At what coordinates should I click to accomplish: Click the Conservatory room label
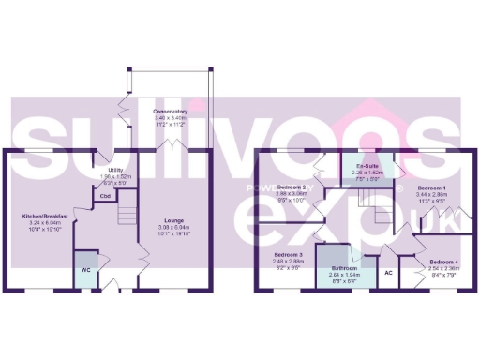tap(171, 111)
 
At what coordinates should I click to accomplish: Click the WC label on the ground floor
tap(87, 269)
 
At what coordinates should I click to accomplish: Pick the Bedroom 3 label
tap(289, 255)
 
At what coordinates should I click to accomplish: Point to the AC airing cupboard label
tap(387, 273)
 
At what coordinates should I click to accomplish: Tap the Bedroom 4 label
tap(444, 262)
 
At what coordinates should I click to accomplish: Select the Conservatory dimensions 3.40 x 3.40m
tap(171, 117)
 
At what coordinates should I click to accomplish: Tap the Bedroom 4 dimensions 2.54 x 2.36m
tap(444, 268)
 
